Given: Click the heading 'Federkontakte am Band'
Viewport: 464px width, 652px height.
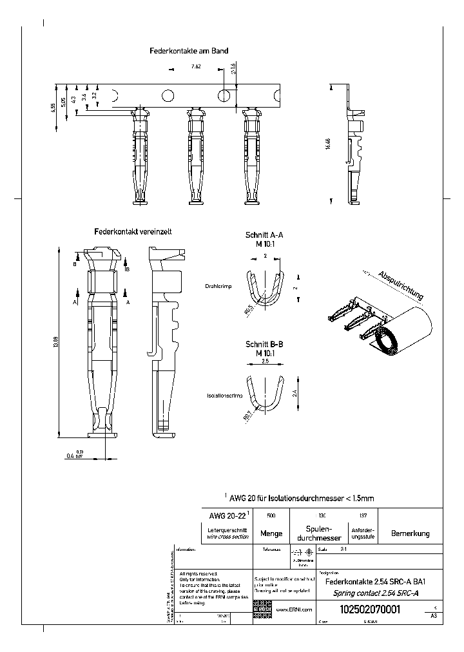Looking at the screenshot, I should [x=189, y=50].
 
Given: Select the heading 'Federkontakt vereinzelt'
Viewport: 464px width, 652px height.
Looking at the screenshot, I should [x=132, y=231].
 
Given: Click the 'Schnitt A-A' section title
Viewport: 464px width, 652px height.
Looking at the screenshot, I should [x=264, y=236].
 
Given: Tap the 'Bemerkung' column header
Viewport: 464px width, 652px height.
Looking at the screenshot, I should [x=410, y=533].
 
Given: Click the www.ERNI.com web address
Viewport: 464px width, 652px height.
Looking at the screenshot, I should [x=294, y=609].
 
